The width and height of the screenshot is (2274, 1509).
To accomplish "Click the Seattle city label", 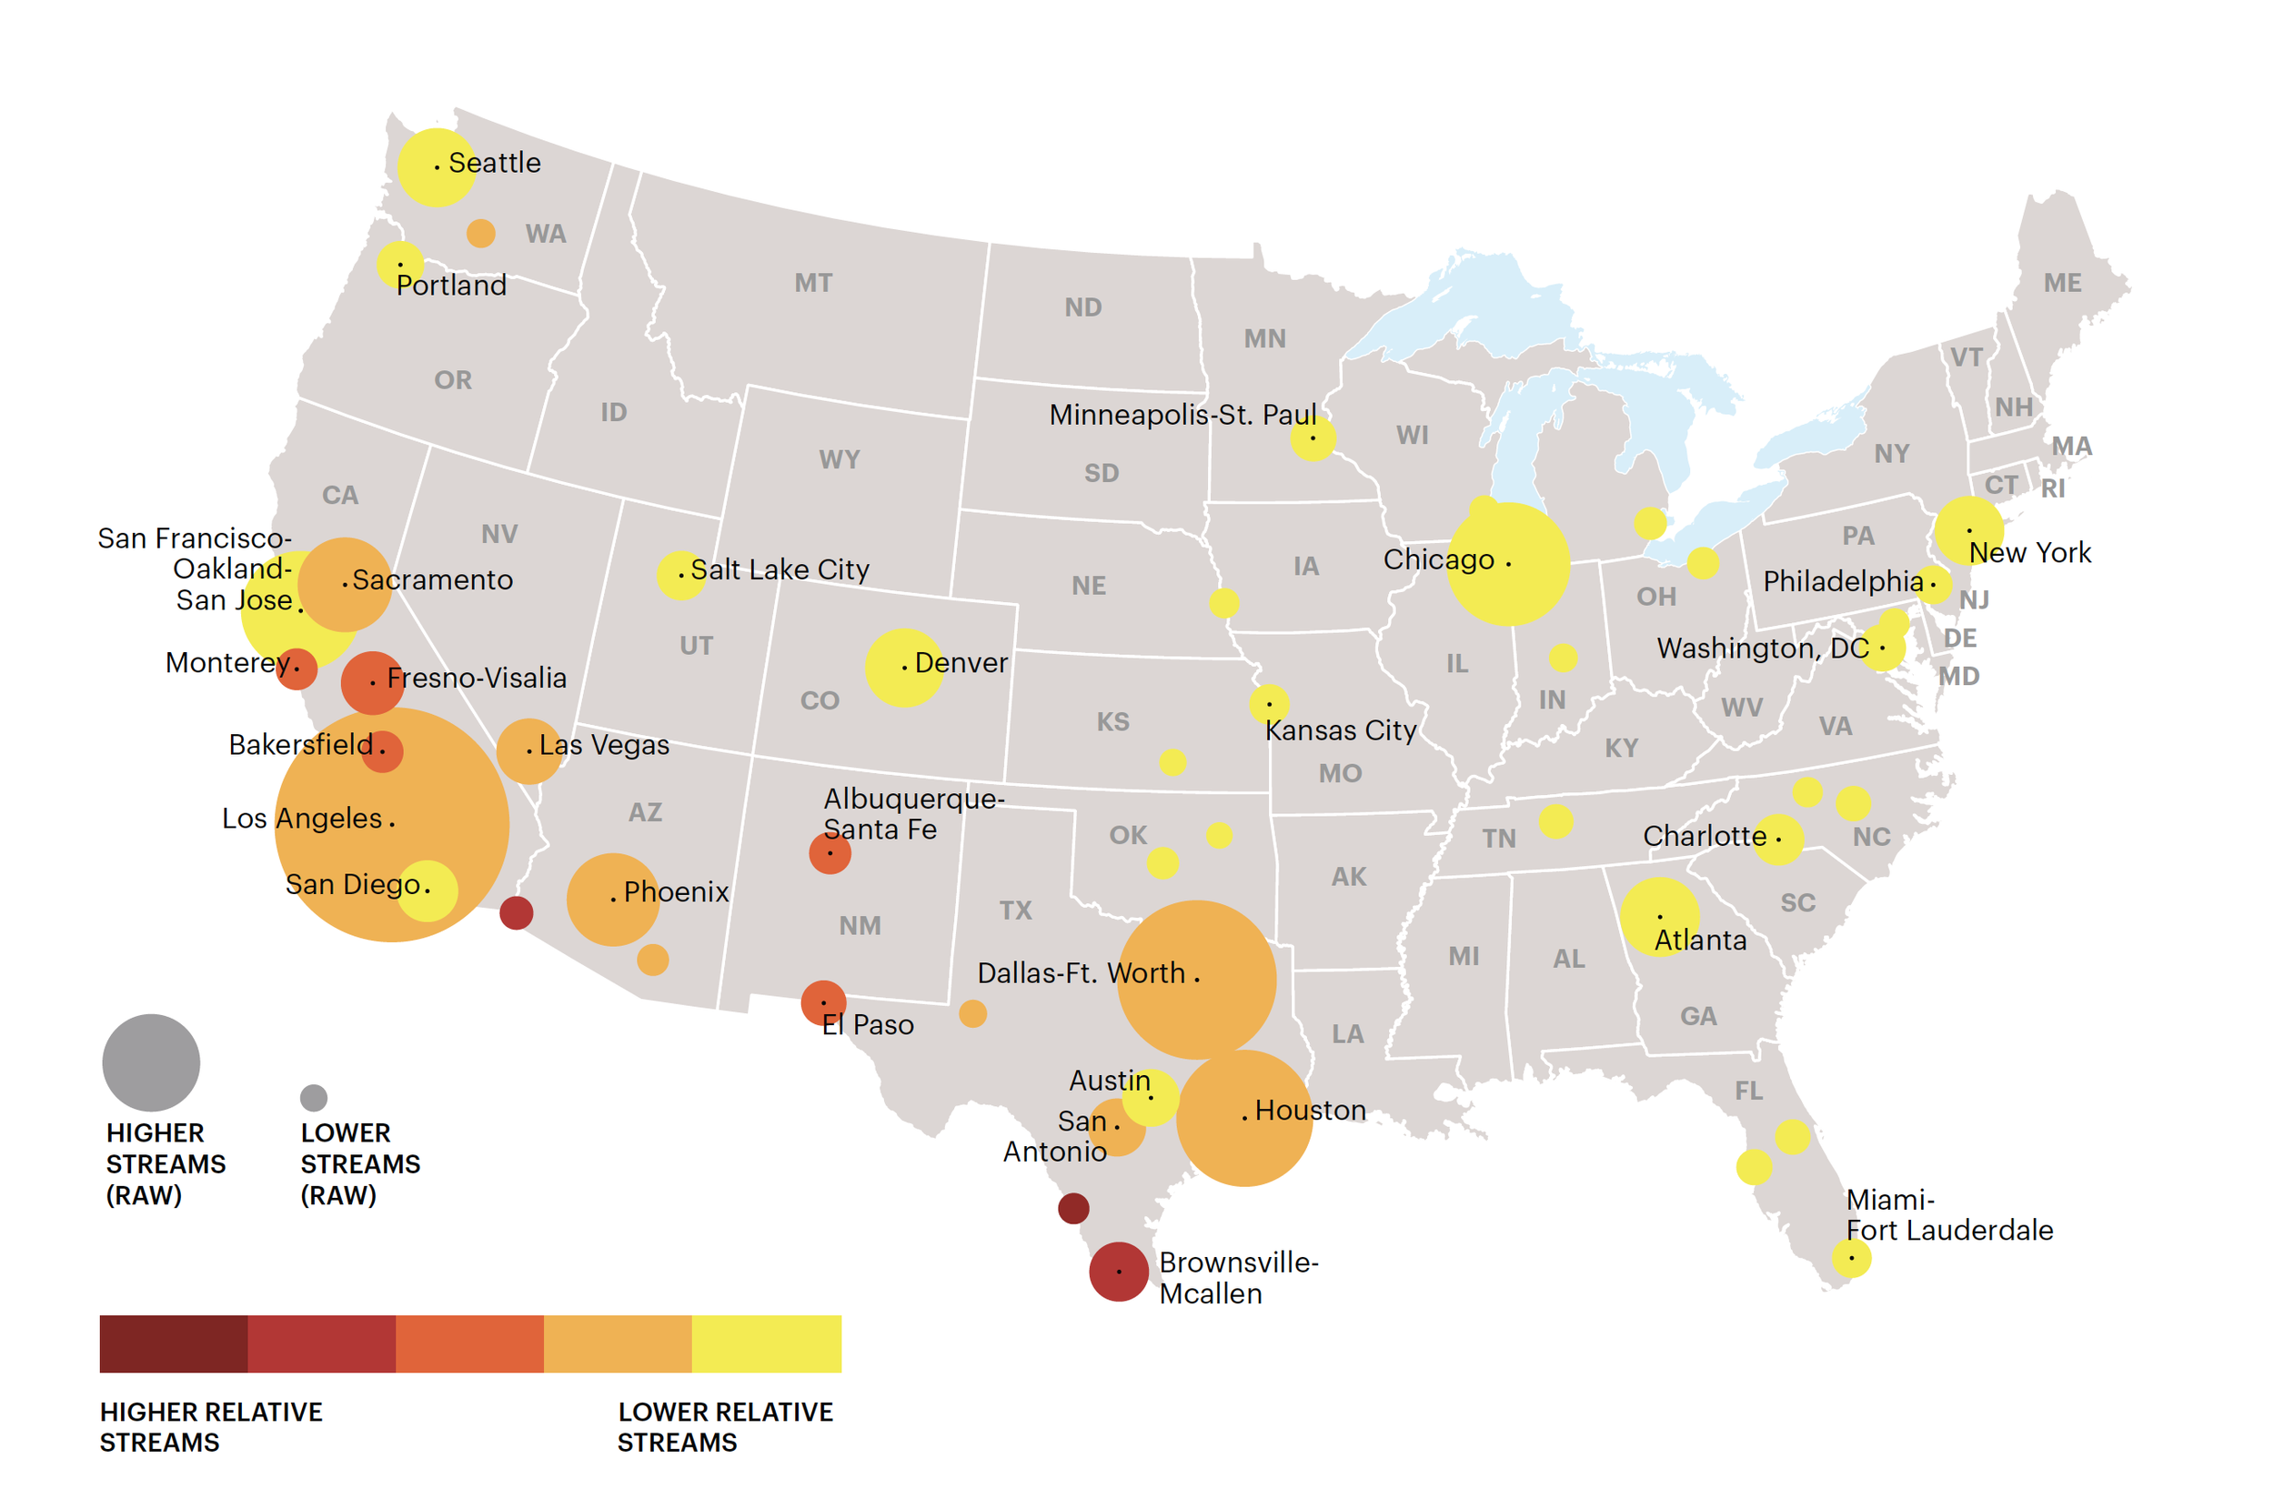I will coord(495,163).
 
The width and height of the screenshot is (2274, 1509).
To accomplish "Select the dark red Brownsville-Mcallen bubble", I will coord(1118,1272).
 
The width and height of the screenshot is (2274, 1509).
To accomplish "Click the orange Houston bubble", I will coord(1243,1118).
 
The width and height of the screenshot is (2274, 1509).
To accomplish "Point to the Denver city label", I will coord(961,663).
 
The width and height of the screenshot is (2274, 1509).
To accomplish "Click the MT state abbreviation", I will coord(813,283).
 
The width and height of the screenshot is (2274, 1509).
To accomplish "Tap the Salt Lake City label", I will coord(780,569).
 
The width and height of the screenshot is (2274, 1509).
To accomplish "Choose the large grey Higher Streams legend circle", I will coord(151,1062).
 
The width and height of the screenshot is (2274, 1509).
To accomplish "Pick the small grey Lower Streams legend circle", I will coord(314,1097).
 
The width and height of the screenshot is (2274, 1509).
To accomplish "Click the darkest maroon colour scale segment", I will coord(173,1343).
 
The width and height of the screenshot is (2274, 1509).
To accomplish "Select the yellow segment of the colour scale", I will coord(766,1343).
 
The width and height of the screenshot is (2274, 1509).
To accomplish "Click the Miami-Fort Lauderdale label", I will coord(1947,1214).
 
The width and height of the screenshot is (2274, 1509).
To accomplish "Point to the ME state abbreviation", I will coord(2061,283).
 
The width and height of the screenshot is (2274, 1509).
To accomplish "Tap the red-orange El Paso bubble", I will coord(823,1002).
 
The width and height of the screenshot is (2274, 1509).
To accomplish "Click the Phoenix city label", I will coord(676,892).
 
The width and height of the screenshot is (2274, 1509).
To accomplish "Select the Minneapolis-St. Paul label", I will coord(1182,415).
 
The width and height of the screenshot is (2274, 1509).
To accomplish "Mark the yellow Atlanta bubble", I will coord(1659,915).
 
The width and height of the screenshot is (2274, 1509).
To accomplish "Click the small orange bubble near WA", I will coord(480,233).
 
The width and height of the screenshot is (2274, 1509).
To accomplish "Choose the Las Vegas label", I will coord(603,745).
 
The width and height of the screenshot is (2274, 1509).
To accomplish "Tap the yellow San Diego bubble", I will coord(428,891).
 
